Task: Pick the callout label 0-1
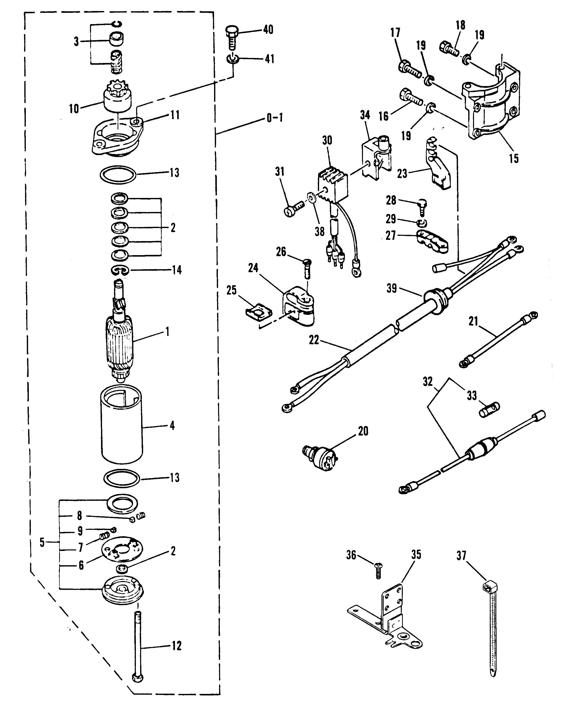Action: point(275,118)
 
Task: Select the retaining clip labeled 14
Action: point(120,271)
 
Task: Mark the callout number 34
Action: point(365,116)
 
